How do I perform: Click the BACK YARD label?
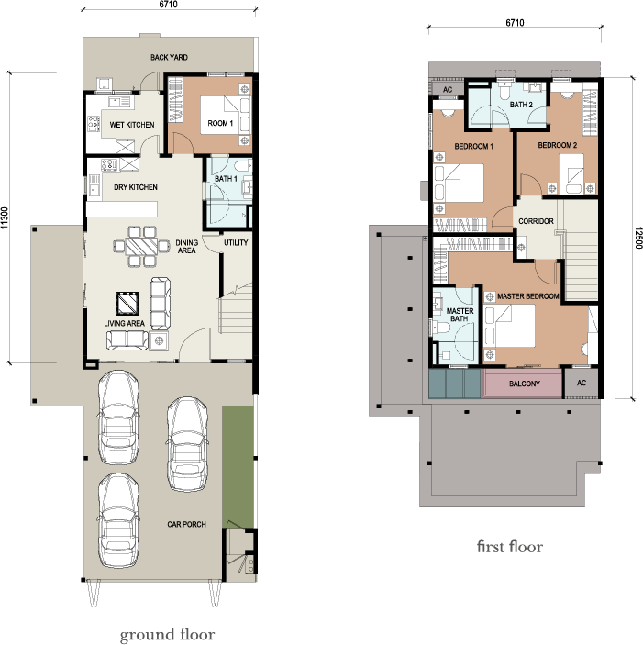click(169, 58)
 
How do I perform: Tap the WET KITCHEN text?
click(131, 125)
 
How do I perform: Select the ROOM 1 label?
click(219, 123)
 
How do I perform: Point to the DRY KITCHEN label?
click(135, 187)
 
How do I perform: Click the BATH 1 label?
click(226, 179)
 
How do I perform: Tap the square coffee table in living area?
click(126, 305)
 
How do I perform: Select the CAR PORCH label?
click(186, 525)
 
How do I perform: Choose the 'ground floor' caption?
click(168, 635)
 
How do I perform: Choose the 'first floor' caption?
click(509, 547)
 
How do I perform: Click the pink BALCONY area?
click(522, 384)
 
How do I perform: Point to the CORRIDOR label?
click(536, 221)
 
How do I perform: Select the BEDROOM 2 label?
click(557, 146)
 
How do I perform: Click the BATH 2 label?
click(521, 106)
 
